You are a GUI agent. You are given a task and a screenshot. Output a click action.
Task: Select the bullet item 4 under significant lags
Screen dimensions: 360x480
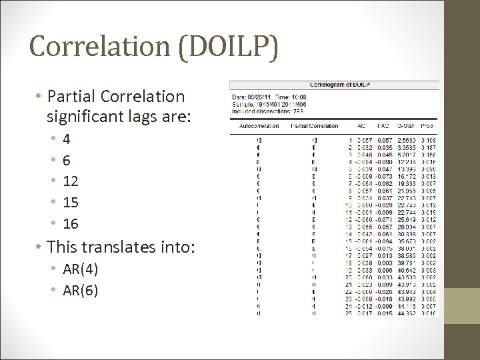pos(67,140)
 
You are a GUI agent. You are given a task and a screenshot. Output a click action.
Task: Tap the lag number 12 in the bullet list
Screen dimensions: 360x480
pos(71,181)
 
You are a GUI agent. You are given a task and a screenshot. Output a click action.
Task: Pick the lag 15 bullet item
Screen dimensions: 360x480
pos(71,202)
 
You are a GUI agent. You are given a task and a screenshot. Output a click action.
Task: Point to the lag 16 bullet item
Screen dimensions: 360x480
pos(71,223)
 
